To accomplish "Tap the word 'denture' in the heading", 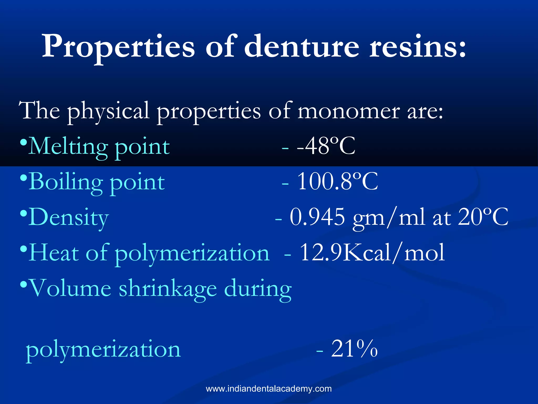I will click(x=302, y=47).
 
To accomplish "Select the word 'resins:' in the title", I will click(x=418, y=47).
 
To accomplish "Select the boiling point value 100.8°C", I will click(x=338, y=181).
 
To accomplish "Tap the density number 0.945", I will click(x=317, y=217).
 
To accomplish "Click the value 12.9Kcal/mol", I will click(x=372, y=252).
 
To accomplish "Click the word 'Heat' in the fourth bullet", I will click(x=54, y=252).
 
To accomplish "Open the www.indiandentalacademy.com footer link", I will click(x=269, y=388).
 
